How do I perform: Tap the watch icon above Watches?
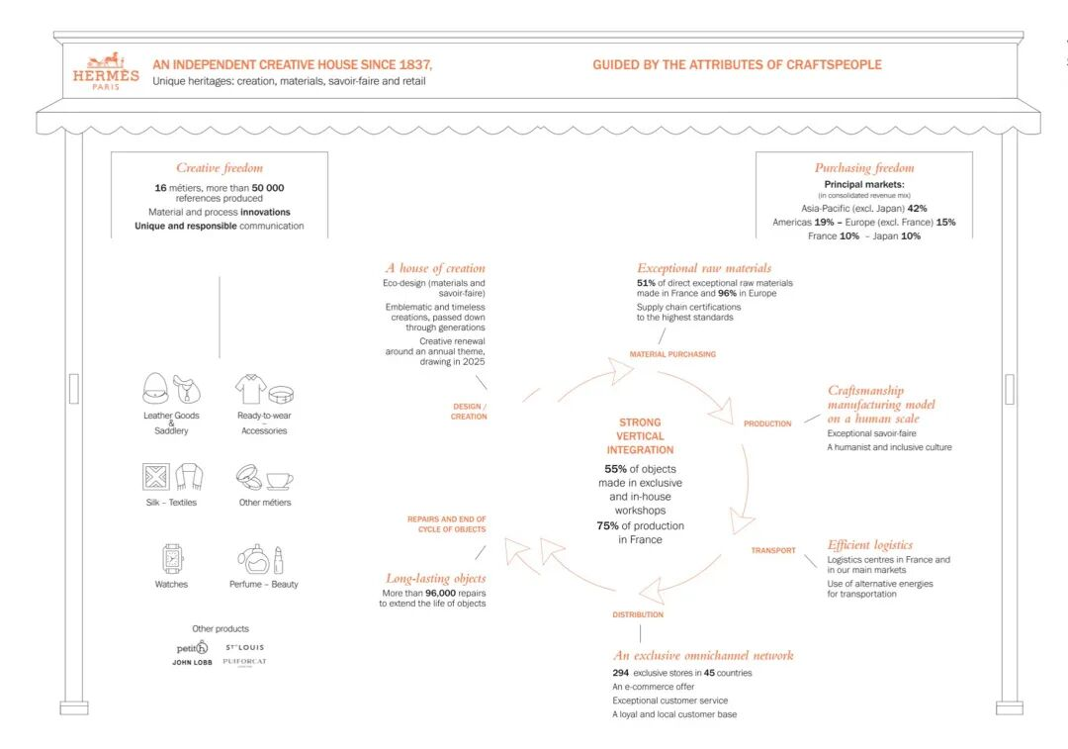(x=172, y=559)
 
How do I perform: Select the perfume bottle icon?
(x=255, y=561)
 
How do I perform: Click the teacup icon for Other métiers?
(x=279, y=480)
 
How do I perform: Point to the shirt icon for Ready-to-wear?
(x=250, y=389)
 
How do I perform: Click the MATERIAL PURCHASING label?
(x=672, y=354)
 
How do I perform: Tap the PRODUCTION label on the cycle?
(x=767, y=423)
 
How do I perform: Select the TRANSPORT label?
(x=772, y=551)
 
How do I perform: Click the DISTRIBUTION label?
(x=638, y=614)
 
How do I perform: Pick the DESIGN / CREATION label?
(x=469, y=412)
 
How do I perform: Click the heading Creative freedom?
(x=220, y=168)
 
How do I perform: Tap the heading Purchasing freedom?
(x=864, y=168)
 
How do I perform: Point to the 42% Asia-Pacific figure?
(x=917, y=209)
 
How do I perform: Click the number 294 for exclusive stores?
(x=620, y=673)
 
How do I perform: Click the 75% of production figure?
(x=607, y=526)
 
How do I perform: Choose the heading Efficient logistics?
(x=870, y=544)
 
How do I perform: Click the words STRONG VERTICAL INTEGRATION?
(x=640, y=436)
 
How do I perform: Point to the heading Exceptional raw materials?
(x=704, y=268)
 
